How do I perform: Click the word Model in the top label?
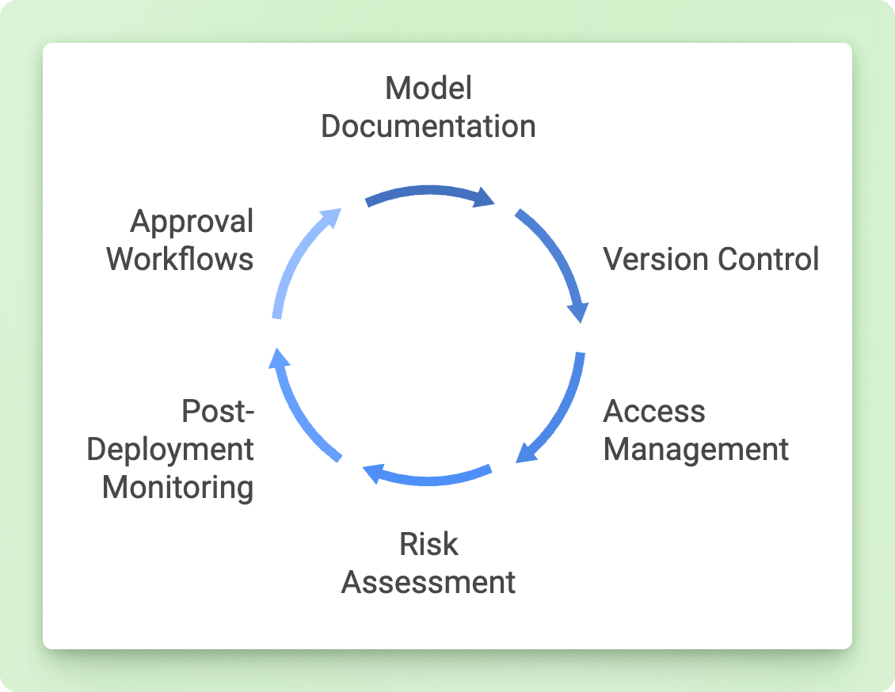coord(428,89)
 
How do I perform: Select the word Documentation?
coord(428,127)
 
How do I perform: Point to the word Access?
coord(654,411)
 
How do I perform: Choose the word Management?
coord(696,449)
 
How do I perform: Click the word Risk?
coord(428,544)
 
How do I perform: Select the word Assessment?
coord(428,582)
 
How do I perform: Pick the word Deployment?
coord(170,449)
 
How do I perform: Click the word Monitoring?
coord(178,487)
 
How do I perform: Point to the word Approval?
coord(192,222)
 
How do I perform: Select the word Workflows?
coord(181,259)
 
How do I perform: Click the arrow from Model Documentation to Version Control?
coord(428,192)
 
